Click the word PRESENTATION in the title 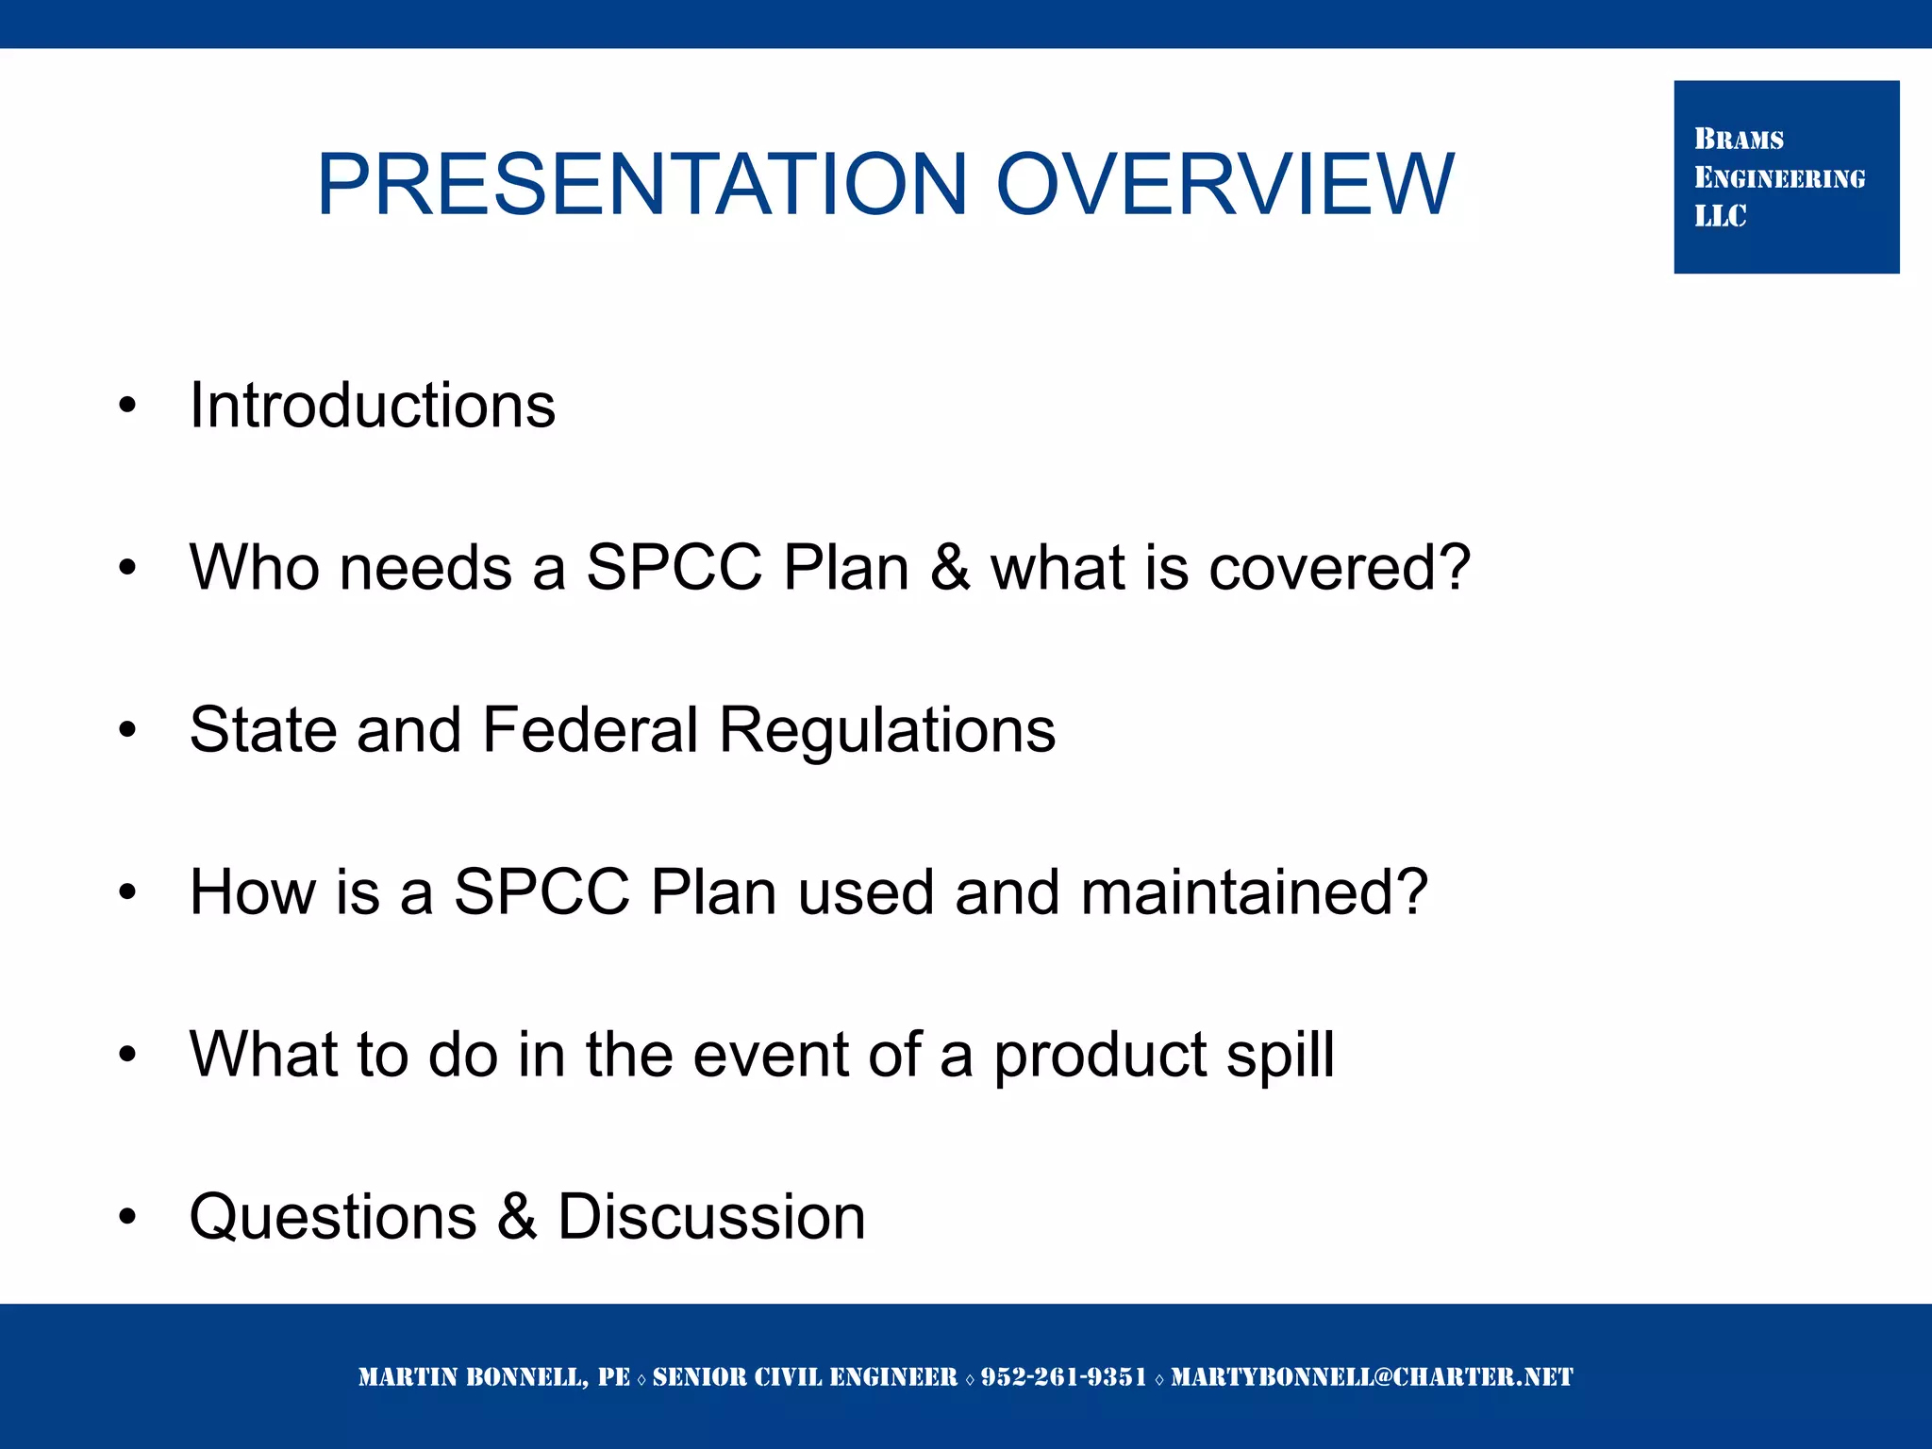tap(641, 185)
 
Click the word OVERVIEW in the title tap(1224, 185)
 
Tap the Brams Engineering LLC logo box tap(1786, 177)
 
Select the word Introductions tap(373, 406)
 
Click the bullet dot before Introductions tap(127, 407)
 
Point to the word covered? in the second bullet tap(1340, 568)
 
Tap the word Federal tap(591, 730)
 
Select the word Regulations tap(887, 730)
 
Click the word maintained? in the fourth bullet tap(1255, 892)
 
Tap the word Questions tap(333, 1217)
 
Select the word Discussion tap(711, 1217)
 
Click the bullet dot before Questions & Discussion tap(127, 1217)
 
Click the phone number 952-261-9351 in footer tap(1063, 1377)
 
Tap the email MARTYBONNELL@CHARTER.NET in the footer tap(1372, 1377)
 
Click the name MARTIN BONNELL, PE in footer tap(493, 1377)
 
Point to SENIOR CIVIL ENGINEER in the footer tap(805, 1377)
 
